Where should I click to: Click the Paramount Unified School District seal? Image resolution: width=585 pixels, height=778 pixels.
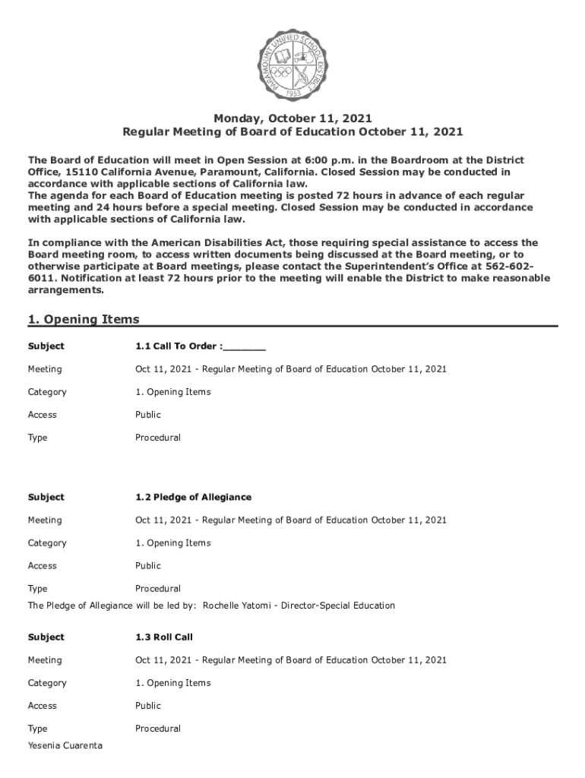(x=292, y=64)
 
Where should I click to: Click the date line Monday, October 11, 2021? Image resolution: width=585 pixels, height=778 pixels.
(x=292, y=119)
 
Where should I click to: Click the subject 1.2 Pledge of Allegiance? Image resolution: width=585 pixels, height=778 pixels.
(x=193, y=497)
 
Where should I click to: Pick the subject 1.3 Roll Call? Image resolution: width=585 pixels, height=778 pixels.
(x=159, y=637)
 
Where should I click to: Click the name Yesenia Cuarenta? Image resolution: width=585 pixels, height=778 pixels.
(x=65, y=745)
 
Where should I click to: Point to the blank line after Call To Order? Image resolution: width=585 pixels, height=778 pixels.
(x=245, y=347)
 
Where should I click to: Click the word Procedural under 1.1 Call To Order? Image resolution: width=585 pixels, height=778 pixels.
(x=158, y=438)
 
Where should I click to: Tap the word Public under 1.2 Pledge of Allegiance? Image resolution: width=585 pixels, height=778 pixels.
(x=148, y=565)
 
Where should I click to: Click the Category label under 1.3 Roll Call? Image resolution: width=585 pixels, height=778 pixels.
(x=47, y=683)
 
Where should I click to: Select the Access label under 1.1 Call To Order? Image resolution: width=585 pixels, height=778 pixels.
(x=43, y=415)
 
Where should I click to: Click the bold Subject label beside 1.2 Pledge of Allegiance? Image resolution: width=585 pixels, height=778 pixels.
(x=46, y=497)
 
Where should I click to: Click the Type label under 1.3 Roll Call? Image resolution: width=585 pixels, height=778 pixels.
(x=38, y=729)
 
